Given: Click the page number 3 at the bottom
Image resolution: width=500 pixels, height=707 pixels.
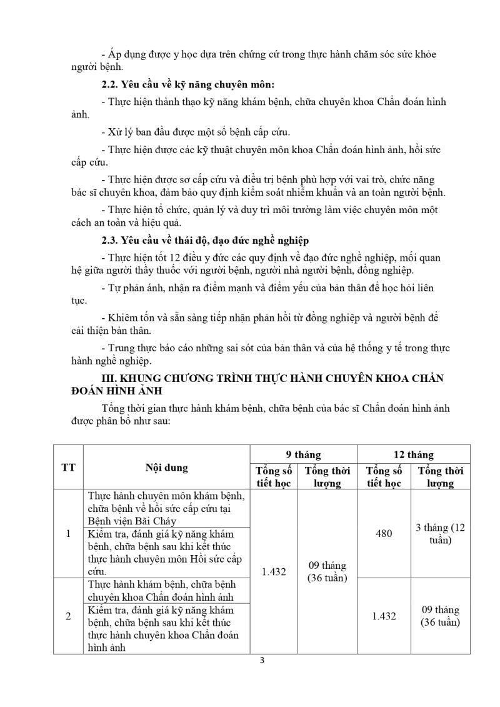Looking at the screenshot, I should [262, 661].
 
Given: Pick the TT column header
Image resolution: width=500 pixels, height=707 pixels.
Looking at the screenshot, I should [68, 467].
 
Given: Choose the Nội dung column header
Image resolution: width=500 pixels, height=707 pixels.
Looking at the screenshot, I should [166, 467].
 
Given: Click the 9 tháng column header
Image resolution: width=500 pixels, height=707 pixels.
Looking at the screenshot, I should [303, 454].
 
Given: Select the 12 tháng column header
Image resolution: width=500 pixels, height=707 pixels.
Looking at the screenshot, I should [413, 454].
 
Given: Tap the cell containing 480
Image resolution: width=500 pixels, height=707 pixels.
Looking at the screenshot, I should [384, 533].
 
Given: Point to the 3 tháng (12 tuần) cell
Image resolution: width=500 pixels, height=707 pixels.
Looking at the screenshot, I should [440, 533].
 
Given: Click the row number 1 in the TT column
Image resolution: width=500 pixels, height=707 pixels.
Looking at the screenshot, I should [68, 533].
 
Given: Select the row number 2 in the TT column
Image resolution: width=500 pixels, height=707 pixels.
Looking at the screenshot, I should [68, 616].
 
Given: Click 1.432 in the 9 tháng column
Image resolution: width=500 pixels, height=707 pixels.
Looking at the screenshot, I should [274, 571].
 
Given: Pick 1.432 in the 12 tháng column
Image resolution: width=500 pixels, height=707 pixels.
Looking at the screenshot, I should [384, 616].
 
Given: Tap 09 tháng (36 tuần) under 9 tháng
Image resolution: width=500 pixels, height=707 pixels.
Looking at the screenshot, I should [327, 571].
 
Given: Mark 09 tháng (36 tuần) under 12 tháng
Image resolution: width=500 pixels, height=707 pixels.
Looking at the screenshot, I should [440, 616].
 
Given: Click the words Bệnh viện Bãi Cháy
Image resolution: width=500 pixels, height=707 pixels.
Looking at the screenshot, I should [132, 520].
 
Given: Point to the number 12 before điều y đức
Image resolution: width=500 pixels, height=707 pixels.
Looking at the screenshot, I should [162, 257].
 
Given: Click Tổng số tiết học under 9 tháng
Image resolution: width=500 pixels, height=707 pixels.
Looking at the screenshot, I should [274, 476].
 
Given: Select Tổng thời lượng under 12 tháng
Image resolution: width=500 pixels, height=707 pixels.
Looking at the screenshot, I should [440, 476].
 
